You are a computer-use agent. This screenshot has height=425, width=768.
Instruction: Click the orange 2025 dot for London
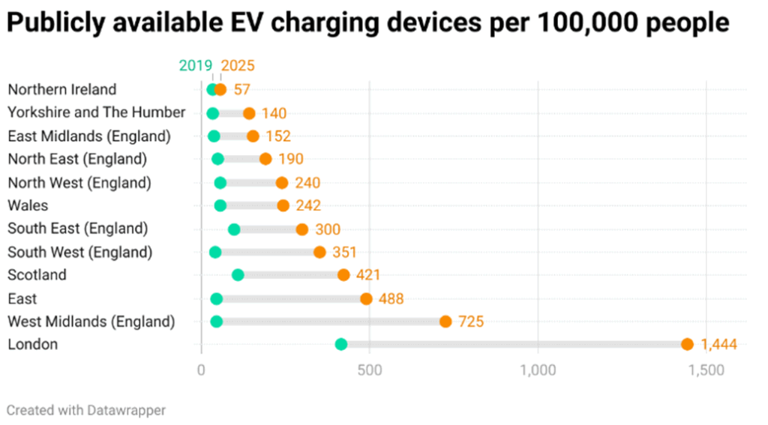tap(687, 344)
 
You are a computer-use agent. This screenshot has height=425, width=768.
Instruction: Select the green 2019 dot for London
tap(341, 344)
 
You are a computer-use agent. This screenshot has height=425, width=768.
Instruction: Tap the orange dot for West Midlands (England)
tap(445, 322)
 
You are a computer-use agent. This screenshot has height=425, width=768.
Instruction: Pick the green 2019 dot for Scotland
tap(238, 275)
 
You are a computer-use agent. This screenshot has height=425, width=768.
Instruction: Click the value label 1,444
tap(718, 345)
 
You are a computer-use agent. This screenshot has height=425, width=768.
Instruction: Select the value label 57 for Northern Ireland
tap(241, 90)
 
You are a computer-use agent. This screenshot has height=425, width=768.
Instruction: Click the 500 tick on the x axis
tap(369, 370)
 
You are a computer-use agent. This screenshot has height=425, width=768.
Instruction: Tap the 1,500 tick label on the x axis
tap(706, 370)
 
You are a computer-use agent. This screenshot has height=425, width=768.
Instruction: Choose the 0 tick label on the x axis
tap(201, 370)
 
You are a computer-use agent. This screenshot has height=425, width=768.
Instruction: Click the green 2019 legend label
tap(196, 65)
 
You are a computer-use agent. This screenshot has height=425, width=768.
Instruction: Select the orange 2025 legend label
tap(238, 65)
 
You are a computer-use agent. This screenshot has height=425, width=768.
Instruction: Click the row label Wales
tap(28, 205)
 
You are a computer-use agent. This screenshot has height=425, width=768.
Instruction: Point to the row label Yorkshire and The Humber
tap(96, 112)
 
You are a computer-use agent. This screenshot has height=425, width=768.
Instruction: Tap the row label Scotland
tap(37, 275)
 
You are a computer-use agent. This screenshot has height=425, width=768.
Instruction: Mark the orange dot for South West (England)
tap(319, 252)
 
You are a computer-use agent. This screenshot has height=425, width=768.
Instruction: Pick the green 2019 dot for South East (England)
tap(234, 229)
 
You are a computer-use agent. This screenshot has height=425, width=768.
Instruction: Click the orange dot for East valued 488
tap(366, 298)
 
